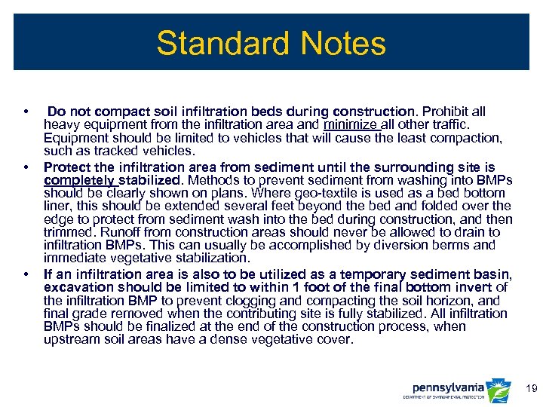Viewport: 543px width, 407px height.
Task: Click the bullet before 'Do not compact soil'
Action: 27,112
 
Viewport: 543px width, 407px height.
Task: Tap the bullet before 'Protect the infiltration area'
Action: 27,166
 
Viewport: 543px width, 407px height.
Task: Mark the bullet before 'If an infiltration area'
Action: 27,274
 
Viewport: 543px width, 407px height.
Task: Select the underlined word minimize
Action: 351,125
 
